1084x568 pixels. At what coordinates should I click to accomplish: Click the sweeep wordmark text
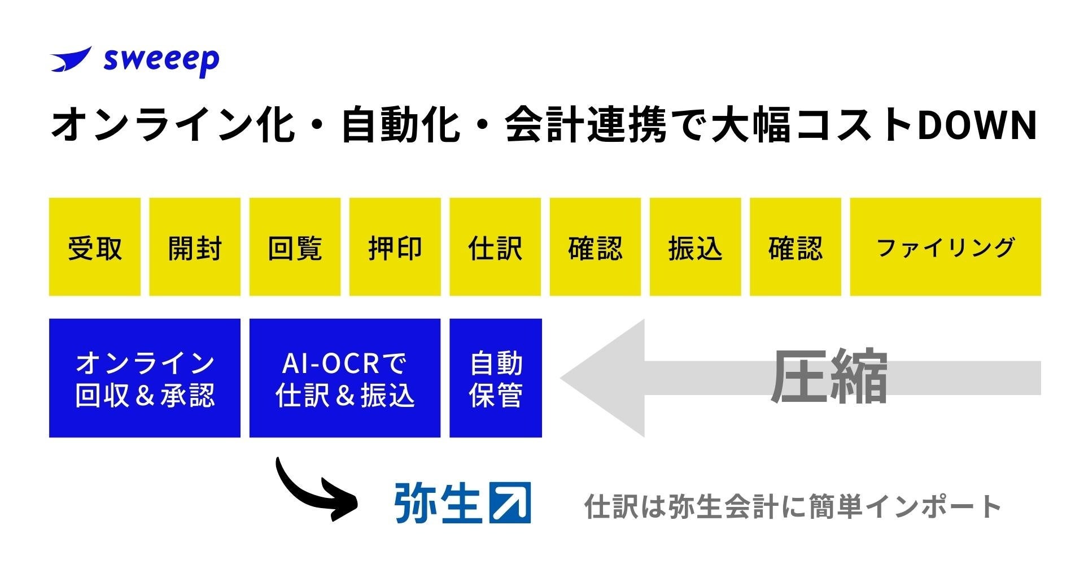161,60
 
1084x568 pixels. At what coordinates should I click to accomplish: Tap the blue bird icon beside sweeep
71,59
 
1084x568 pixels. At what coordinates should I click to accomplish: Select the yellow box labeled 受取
94,247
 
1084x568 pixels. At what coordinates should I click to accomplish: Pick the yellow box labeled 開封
195,247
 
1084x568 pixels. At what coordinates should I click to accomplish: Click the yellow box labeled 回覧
295,247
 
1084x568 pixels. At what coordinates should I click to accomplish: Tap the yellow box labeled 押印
395,247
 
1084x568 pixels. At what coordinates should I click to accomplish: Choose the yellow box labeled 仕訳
495,247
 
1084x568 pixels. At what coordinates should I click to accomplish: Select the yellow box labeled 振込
695,247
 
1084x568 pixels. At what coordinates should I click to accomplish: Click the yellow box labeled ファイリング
945,247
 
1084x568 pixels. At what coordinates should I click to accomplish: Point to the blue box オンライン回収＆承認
145,378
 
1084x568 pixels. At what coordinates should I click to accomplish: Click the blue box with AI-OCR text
345,378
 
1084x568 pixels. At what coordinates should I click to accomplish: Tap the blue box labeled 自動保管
496,378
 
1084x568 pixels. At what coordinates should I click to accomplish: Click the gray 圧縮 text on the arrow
829,377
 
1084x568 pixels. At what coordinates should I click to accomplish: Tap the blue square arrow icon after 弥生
510,502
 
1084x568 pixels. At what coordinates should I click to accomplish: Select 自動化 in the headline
400,125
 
